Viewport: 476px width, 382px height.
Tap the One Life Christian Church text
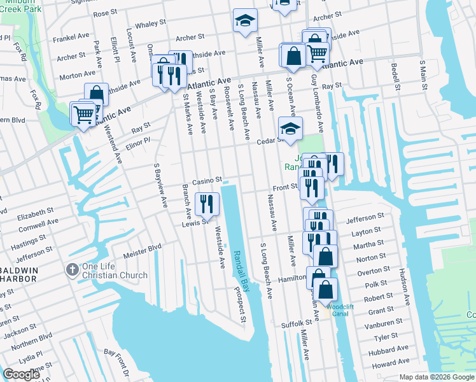coord(115,271)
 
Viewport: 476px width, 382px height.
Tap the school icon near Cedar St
coord(290,129)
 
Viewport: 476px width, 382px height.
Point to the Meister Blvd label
coord(147,247)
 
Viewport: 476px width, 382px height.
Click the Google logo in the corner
coord(22,374)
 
